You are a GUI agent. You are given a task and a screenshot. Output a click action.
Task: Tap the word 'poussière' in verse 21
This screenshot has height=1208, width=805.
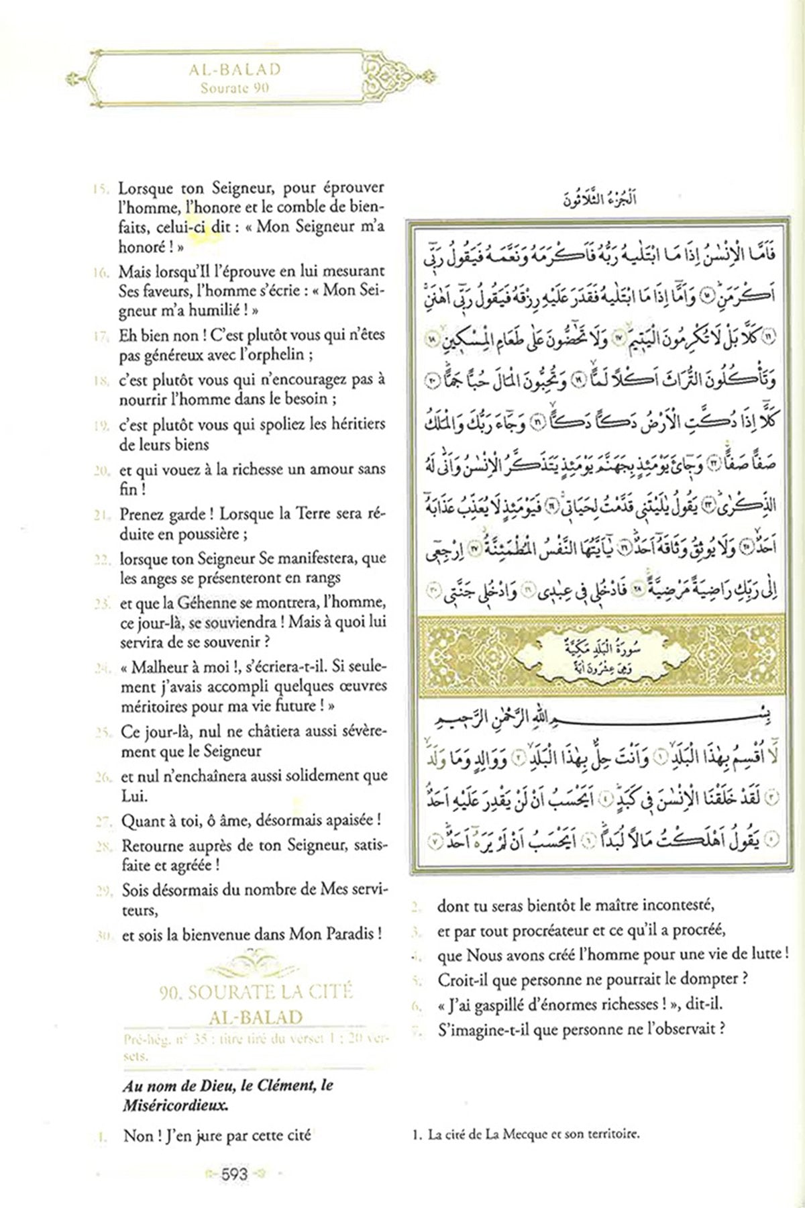click(209, 534)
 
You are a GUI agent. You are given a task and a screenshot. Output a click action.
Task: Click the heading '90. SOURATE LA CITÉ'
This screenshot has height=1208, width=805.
click(256, 992)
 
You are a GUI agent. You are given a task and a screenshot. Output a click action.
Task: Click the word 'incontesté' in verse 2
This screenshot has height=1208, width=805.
click(661, 905)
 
